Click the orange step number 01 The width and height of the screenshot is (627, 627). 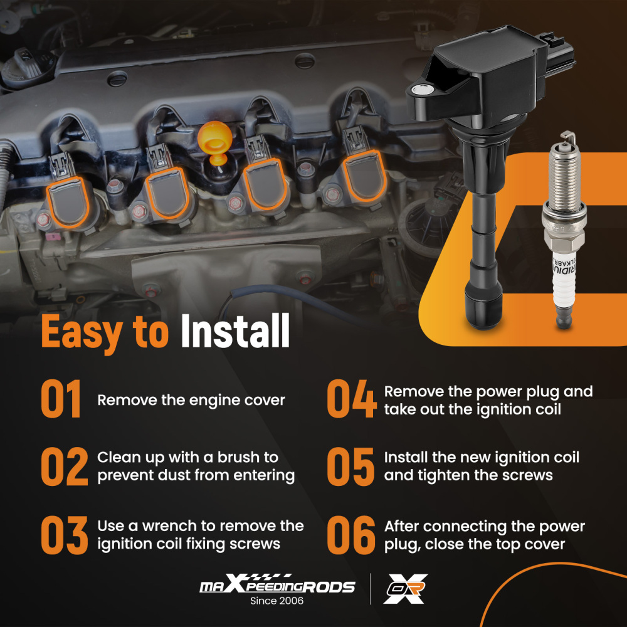point(61,399)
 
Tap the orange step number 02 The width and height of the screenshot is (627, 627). point(64,466)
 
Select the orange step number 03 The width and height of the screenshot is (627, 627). point(64,534)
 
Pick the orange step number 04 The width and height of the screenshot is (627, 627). point(351,399)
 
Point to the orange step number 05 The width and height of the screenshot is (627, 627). point(351,466)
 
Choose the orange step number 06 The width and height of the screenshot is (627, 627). point(351,534)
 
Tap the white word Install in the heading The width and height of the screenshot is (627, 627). point(235,332)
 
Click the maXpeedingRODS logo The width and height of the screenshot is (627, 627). point(277,586)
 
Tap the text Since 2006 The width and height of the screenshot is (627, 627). point(277,601)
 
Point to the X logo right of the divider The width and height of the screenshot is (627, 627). point(405,589)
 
